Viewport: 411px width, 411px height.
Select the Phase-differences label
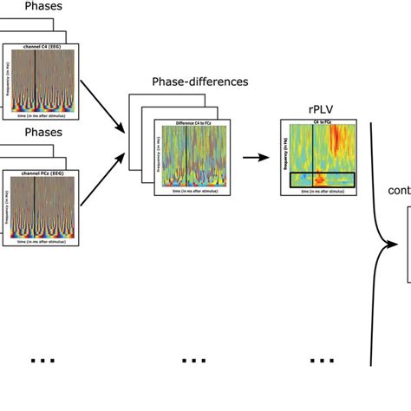pyautogui.click(x=189, y=82)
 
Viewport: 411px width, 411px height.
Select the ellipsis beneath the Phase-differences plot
pyautogui.click(x=194, y=360)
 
